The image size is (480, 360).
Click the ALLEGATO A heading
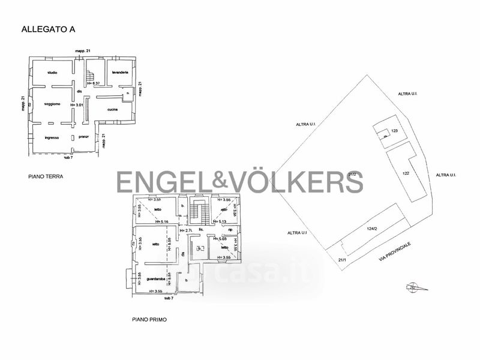coord(48,28)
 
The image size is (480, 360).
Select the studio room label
coord(52,73)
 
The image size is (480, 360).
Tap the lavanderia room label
coord(119,73)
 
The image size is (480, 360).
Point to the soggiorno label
coord(52,104)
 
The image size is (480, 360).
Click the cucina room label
coord(112,109)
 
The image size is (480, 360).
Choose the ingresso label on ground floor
coord(52,137)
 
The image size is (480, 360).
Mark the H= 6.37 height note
coord(92,84)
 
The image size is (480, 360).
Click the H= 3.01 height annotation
coord(77,105)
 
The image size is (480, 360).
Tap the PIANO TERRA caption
coord(45,177)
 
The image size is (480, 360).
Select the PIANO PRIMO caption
coord(149,320)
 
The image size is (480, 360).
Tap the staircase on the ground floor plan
coord(91,76)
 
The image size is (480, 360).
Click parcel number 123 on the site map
coord(394,131)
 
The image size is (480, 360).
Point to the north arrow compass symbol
coord(415,287)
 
